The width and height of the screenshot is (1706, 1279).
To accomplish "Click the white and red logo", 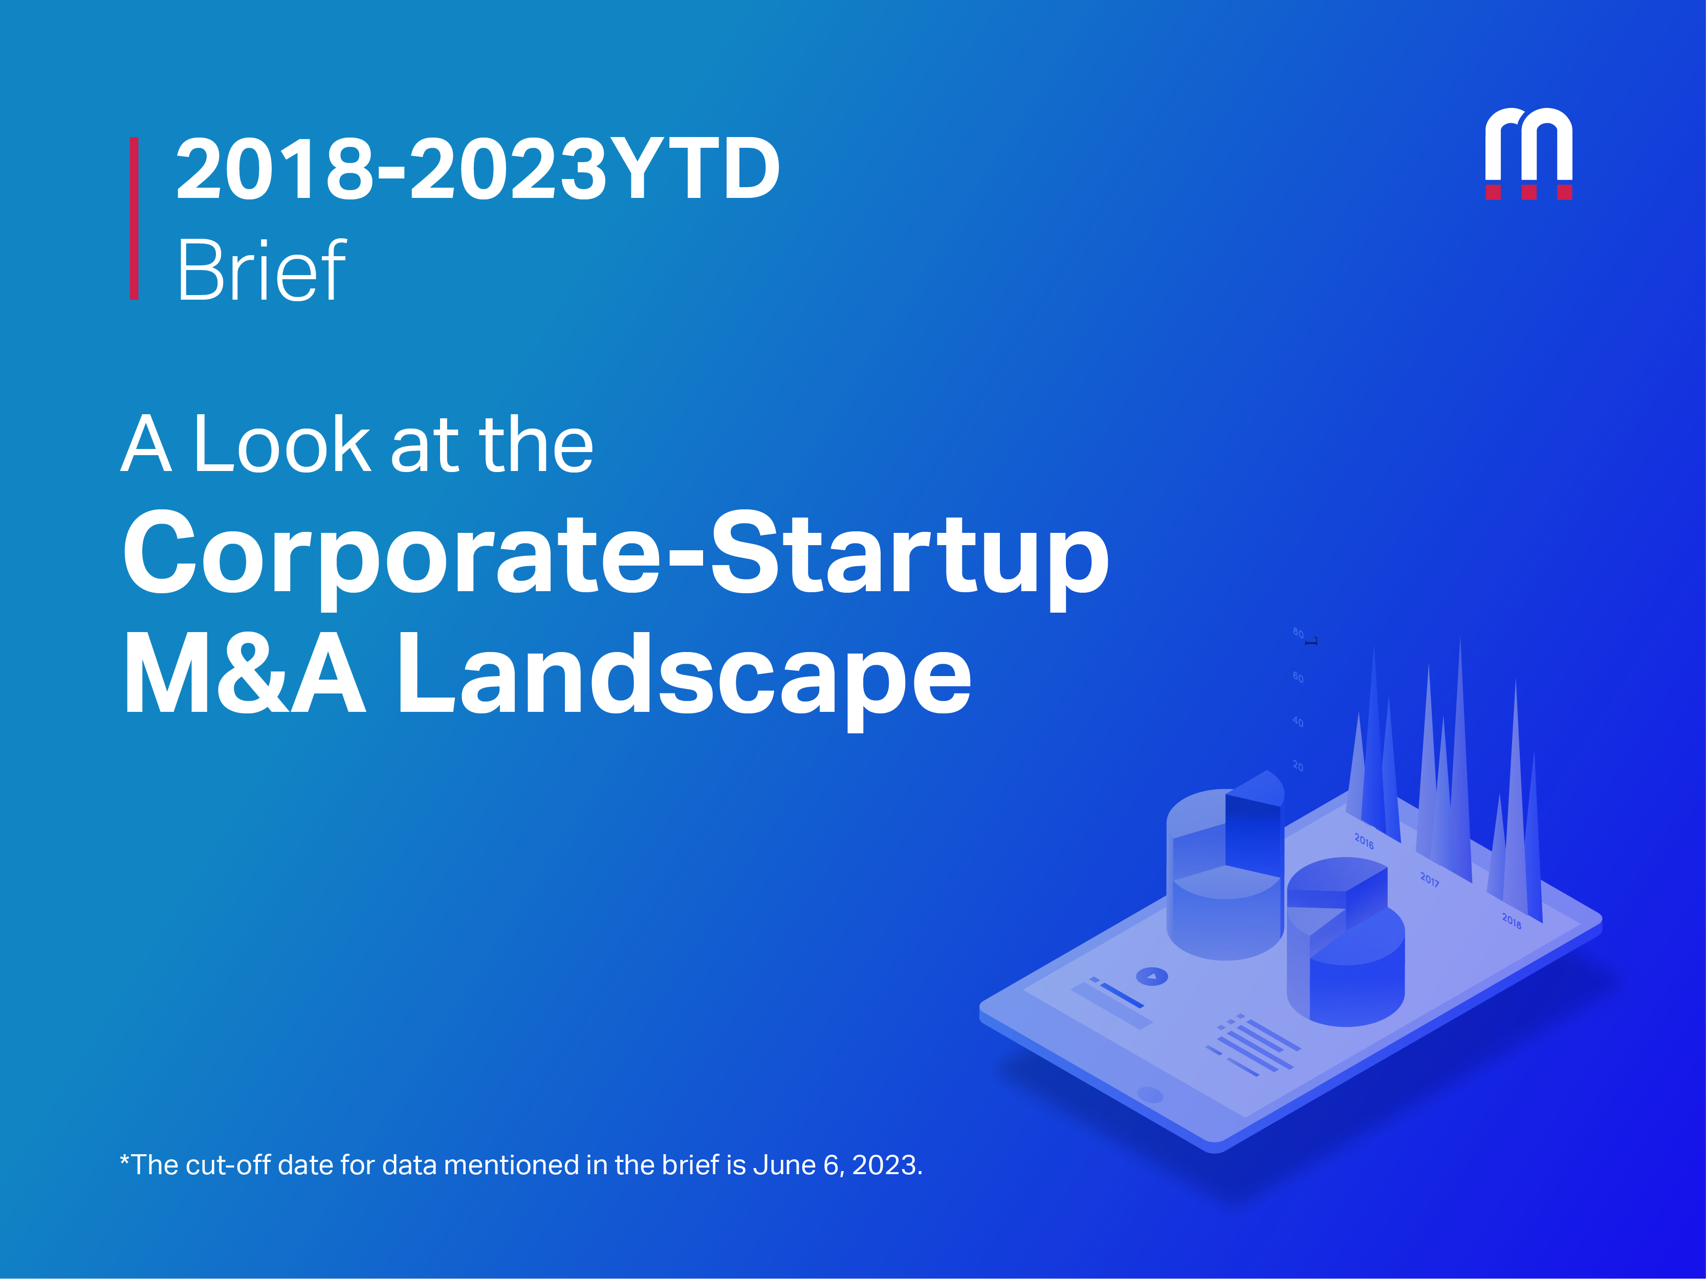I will [x=1528, y=154].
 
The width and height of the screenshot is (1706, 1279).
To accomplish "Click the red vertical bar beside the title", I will [x=134, y=218].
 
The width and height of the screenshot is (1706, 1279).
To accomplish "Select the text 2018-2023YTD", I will [x=477, y=169].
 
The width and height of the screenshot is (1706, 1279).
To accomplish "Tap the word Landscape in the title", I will [x=683, y=675].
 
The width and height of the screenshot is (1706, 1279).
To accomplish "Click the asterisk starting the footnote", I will [x=125, y=1160].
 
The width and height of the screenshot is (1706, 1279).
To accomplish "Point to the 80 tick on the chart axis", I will [x=1298, y=634].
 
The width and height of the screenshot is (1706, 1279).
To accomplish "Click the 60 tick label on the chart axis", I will [x=1298, y=678].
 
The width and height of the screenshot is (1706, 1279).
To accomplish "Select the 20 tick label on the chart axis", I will [x=1298, y=766].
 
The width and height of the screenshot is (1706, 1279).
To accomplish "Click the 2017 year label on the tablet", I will [x=1429, y=880].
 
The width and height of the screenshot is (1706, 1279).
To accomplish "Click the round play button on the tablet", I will [x=1152, y=977].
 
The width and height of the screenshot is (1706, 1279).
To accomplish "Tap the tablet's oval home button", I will [x=1150, y=1095].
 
